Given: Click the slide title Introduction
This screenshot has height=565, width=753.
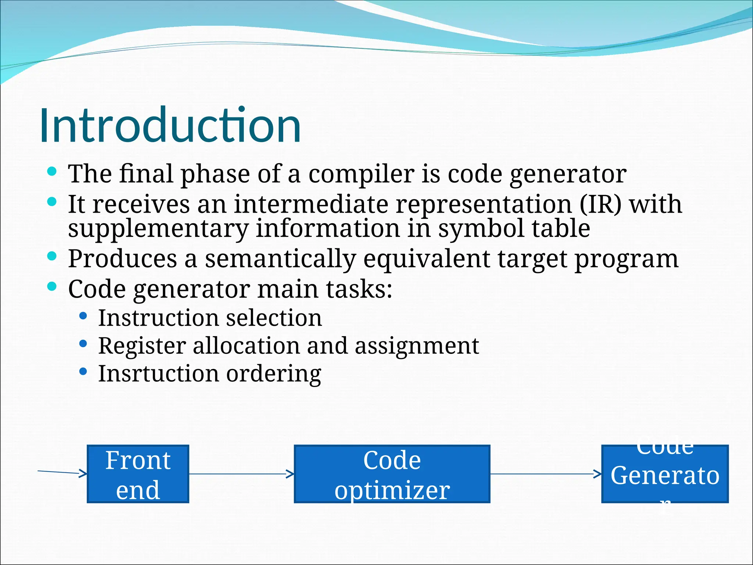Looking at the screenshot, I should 170,125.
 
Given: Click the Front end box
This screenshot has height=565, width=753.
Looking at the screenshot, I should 138,474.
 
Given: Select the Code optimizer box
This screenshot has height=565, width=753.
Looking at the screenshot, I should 392,474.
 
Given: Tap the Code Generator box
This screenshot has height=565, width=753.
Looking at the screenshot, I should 665,474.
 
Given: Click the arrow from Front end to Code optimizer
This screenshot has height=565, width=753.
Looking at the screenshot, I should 241,474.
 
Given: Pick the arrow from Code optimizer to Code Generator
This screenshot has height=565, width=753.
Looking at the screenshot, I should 546,474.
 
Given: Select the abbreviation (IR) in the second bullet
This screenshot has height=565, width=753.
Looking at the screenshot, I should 600,204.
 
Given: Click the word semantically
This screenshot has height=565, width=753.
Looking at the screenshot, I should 280,259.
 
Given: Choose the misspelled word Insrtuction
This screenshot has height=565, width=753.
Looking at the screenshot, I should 158,374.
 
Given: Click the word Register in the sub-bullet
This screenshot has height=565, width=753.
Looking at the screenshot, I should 142,346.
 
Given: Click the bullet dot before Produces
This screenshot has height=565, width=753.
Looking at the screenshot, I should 52,256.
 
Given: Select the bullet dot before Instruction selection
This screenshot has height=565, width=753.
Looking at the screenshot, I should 83,316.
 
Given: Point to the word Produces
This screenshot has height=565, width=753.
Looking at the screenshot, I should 122,259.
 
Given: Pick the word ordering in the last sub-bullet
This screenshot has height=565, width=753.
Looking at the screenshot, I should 274,374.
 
